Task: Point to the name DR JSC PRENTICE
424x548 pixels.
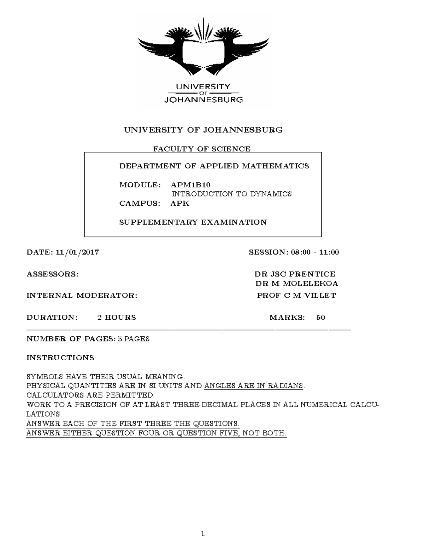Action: click(295, 274)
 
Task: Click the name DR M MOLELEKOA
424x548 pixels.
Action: click(296, 284)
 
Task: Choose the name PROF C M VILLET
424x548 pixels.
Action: click(296, 296)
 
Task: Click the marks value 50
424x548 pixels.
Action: click(320, 317)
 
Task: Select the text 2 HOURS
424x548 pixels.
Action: click(117, 317)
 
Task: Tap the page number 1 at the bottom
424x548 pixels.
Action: click(203, 534)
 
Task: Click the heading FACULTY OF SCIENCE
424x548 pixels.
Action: click(201, 149)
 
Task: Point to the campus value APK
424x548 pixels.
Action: click(180, 203)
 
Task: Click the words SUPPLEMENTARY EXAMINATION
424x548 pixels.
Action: click(193, 222)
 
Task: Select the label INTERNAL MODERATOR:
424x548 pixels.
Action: click(82, 296)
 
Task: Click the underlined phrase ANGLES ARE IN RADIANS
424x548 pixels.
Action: click(254, 386)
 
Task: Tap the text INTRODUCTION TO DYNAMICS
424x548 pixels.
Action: click(231, 194)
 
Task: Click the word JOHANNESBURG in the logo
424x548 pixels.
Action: click(204, 100)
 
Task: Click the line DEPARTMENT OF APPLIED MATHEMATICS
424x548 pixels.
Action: click(214, 166)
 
